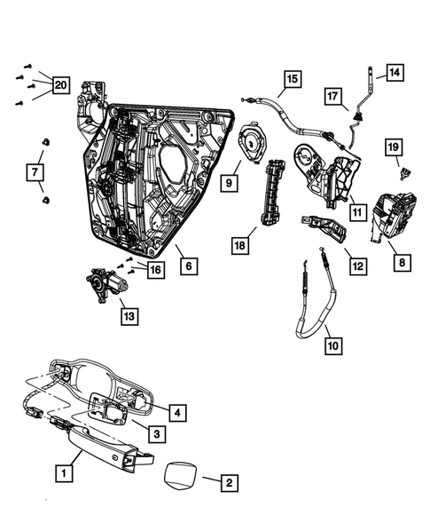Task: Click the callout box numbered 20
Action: (60, 85)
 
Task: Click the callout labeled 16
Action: (155, 270)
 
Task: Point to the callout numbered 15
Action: (292, 79)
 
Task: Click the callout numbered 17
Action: (333, 95)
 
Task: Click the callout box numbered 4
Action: (178, 412)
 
